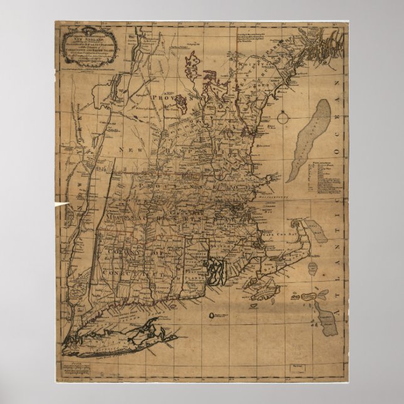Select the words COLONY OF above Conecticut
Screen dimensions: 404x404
126,253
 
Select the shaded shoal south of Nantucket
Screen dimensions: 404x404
327,314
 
